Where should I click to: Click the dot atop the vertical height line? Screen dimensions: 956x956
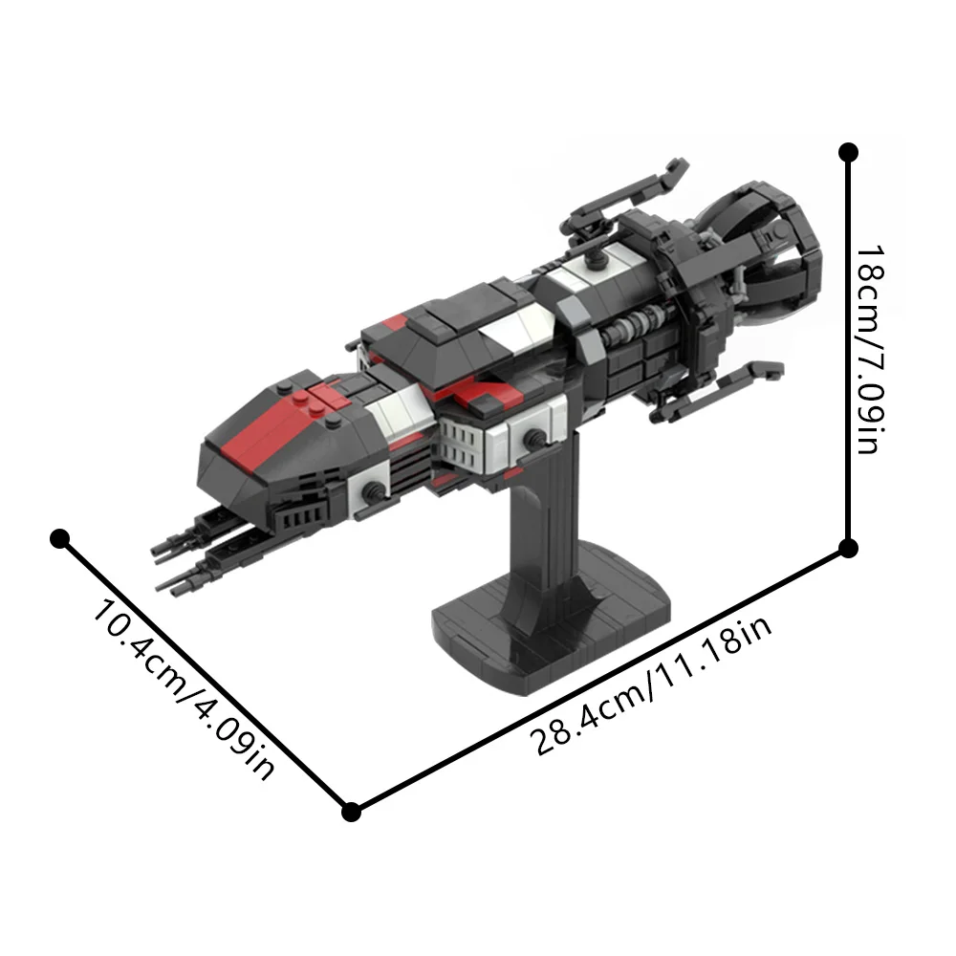point(848,152)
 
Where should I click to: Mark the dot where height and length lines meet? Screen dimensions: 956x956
point(848,547)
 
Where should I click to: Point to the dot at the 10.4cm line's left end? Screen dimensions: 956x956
point(61,539)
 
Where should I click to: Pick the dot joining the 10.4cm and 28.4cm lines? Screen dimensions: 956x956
point(351,812)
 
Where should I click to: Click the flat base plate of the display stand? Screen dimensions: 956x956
point(545,621)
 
